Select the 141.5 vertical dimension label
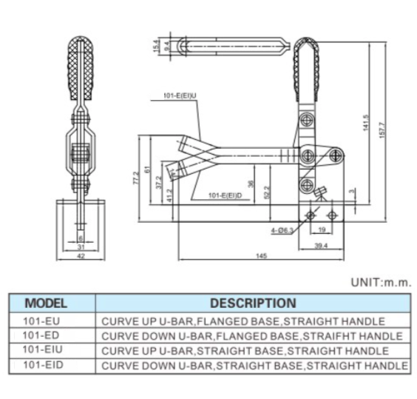(365, 124)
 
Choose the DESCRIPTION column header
(253, 303)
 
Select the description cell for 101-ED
(253, 336)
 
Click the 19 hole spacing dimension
(321, 230)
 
